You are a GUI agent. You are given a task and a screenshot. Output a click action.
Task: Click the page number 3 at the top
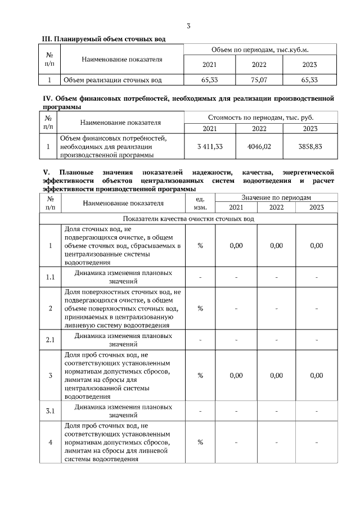(188, 26)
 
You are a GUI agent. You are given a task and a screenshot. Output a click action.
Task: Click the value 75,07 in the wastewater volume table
(259, 80)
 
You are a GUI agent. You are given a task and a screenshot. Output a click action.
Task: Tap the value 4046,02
(259, 146)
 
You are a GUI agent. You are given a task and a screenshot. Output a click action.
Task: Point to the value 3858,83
(310, 146)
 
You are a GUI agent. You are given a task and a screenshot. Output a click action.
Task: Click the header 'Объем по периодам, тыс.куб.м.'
(260, 50)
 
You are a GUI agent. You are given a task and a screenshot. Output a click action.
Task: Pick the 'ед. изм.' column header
(200, 203)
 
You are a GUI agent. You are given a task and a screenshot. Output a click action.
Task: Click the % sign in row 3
(200, 375)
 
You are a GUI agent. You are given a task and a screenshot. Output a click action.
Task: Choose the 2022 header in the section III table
(259, 65)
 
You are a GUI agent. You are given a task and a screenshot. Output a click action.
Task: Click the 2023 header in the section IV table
(310, 129)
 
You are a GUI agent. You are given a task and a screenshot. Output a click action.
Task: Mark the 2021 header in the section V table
(236, 208)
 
